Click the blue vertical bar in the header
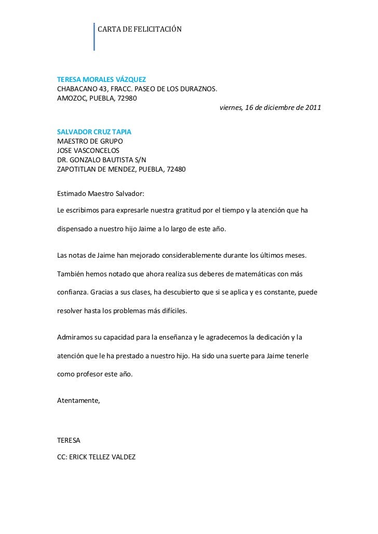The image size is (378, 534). [x=95, y=37]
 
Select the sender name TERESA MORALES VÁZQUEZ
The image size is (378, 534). [x=101, y=80]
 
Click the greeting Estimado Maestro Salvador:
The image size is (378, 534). [x=100, y=193]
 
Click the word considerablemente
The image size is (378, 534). [x=195, y=256]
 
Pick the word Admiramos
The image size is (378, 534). [x=74, y=338]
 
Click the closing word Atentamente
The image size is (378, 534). [x=78, y=401]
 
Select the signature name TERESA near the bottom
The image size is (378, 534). [x=69, y=440]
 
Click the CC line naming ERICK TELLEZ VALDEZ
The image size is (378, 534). [x=96, y=458]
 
